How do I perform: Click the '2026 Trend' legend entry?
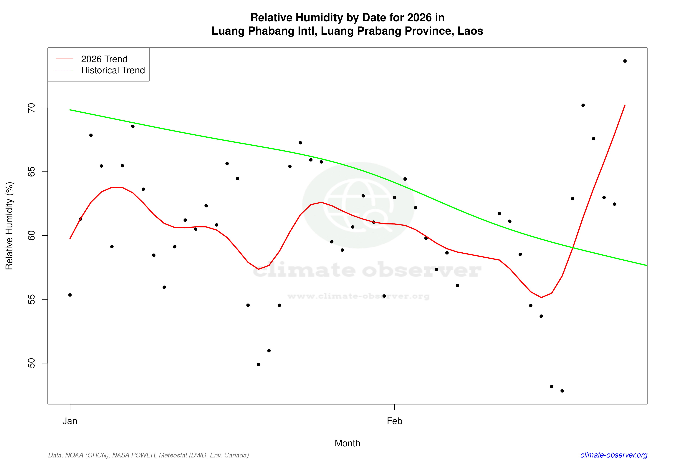(x=104, y=59)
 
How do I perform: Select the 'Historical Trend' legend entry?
(x=113, y=70)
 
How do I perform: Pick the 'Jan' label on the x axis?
(x=70, y=421)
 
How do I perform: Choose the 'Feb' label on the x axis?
(x=395, y=421)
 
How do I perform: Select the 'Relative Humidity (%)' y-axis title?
(x=9, y=226)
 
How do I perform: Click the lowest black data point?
(x=562, y=391)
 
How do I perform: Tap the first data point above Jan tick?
(x=70, y=295)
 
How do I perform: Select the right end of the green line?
(x=647, y=265)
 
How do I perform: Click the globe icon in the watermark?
(x=358, y=205)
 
